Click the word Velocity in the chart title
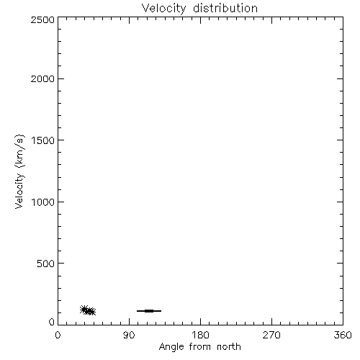click(x=163, y=9)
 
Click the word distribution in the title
click(x=225, y=8)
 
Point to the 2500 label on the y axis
click(x=42, y=19)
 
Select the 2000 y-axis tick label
click(x=42, y=78)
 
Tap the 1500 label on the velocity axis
click(x=43, y=140)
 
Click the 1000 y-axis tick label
click(x=43, y=202)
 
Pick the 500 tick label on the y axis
click(x=46, y=264)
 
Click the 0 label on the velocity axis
click(x=52, y=322)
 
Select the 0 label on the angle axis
click(x=58, y=335)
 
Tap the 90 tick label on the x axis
click(x=129, y=335)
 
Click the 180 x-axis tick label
click(x=200, y=335)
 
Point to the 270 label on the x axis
click(x=271, y=335)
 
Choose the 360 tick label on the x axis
click(x=343, y=335)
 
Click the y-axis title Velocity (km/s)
click(x=19, y=171)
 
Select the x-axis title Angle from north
click(x=200, y=347)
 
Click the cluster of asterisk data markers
click(x=88, y=310)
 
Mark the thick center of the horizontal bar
click(x=149, y=311)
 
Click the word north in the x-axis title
click(x=229, y=346)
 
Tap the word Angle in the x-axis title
click(x=171, y=347)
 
